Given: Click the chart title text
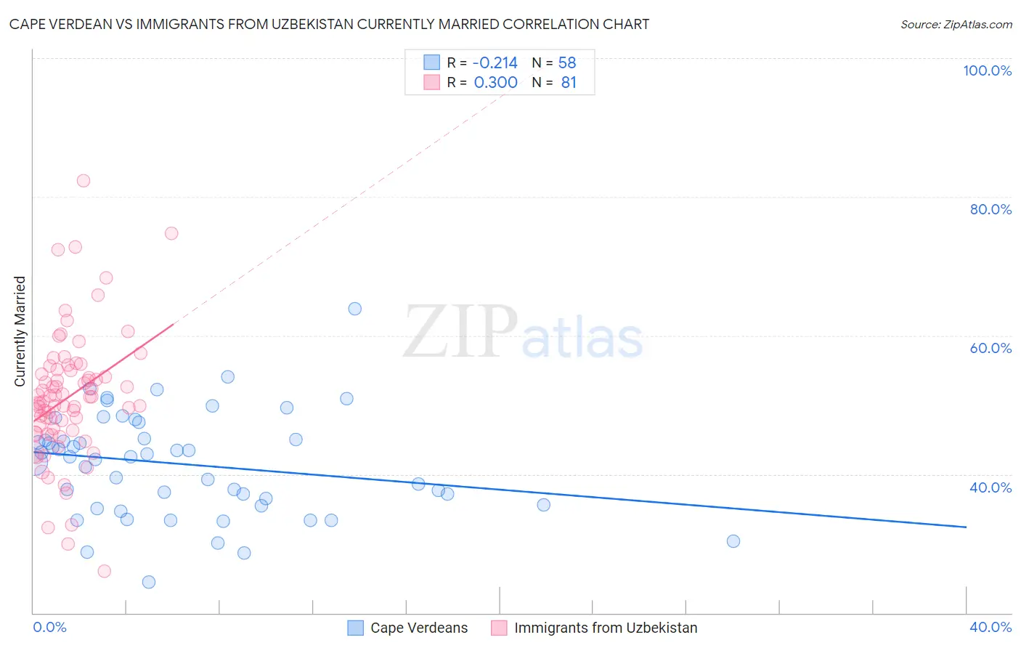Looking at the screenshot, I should (x=329, y=24).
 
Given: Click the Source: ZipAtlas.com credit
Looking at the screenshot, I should (x=956, y=24).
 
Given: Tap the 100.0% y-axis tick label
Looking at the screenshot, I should (x=987, y=70).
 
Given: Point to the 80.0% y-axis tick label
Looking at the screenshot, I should (x=991, y=209).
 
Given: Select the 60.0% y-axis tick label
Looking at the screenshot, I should (x=991, y=348).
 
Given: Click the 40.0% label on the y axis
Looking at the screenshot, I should (x=991, y=487).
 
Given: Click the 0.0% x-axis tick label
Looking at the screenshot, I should (x=49, y=627).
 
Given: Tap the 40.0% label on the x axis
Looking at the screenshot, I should (x=991, y=627).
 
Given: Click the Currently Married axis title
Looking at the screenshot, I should (x=20, y=331).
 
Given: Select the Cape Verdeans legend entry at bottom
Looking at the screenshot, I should (x=419, y=628).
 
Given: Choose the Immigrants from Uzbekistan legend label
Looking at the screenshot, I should (x=606, y=628).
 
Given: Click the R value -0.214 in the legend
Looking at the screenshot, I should (x=495, y=62).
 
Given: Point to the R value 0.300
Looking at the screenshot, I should (x=495, y=83).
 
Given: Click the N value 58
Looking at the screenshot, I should (x=567, y=62).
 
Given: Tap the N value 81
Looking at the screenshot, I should (x=569, y=83).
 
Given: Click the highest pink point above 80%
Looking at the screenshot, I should (x=84, y=181).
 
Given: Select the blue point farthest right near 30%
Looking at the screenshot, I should (x=733, y=541).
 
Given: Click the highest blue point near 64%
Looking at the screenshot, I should (x=355, y=309).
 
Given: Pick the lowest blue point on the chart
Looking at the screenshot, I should (x=149, y=582).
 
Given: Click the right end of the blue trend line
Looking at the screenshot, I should (x=966, y=527).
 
